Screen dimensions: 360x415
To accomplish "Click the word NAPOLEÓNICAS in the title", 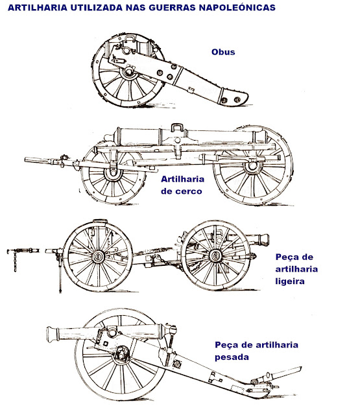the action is [237, 7].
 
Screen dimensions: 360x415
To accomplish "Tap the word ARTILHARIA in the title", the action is [38, 7].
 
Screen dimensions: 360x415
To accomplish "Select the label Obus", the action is [223, 52].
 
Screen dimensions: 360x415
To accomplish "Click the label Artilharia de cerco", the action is [183, 185].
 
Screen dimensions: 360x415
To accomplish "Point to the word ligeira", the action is [290, 281].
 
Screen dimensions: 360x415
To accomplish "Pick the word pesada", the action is [232, 357].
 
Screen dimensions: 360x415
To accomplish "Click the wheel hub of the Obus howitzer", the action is [129, 71].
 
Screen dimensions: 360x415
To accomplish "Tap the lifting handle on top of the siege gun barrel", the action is [177, 127].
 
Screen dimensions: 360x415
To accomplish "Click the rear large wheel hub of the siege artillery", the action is [253, 166].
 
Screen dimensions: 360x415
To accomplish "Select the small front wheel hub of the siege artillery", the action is [114, 172].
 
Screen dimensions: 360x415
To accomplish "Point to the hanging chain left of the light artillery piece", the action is [15, 261].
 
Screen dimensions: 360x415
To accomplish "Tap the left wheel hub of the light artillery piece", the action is [98, 257].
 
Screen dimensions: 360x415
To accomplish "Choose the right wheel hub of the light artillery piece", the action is [215, 255].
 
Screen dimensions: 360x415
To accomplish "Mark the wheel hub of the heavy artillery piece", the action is [122, 353].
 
